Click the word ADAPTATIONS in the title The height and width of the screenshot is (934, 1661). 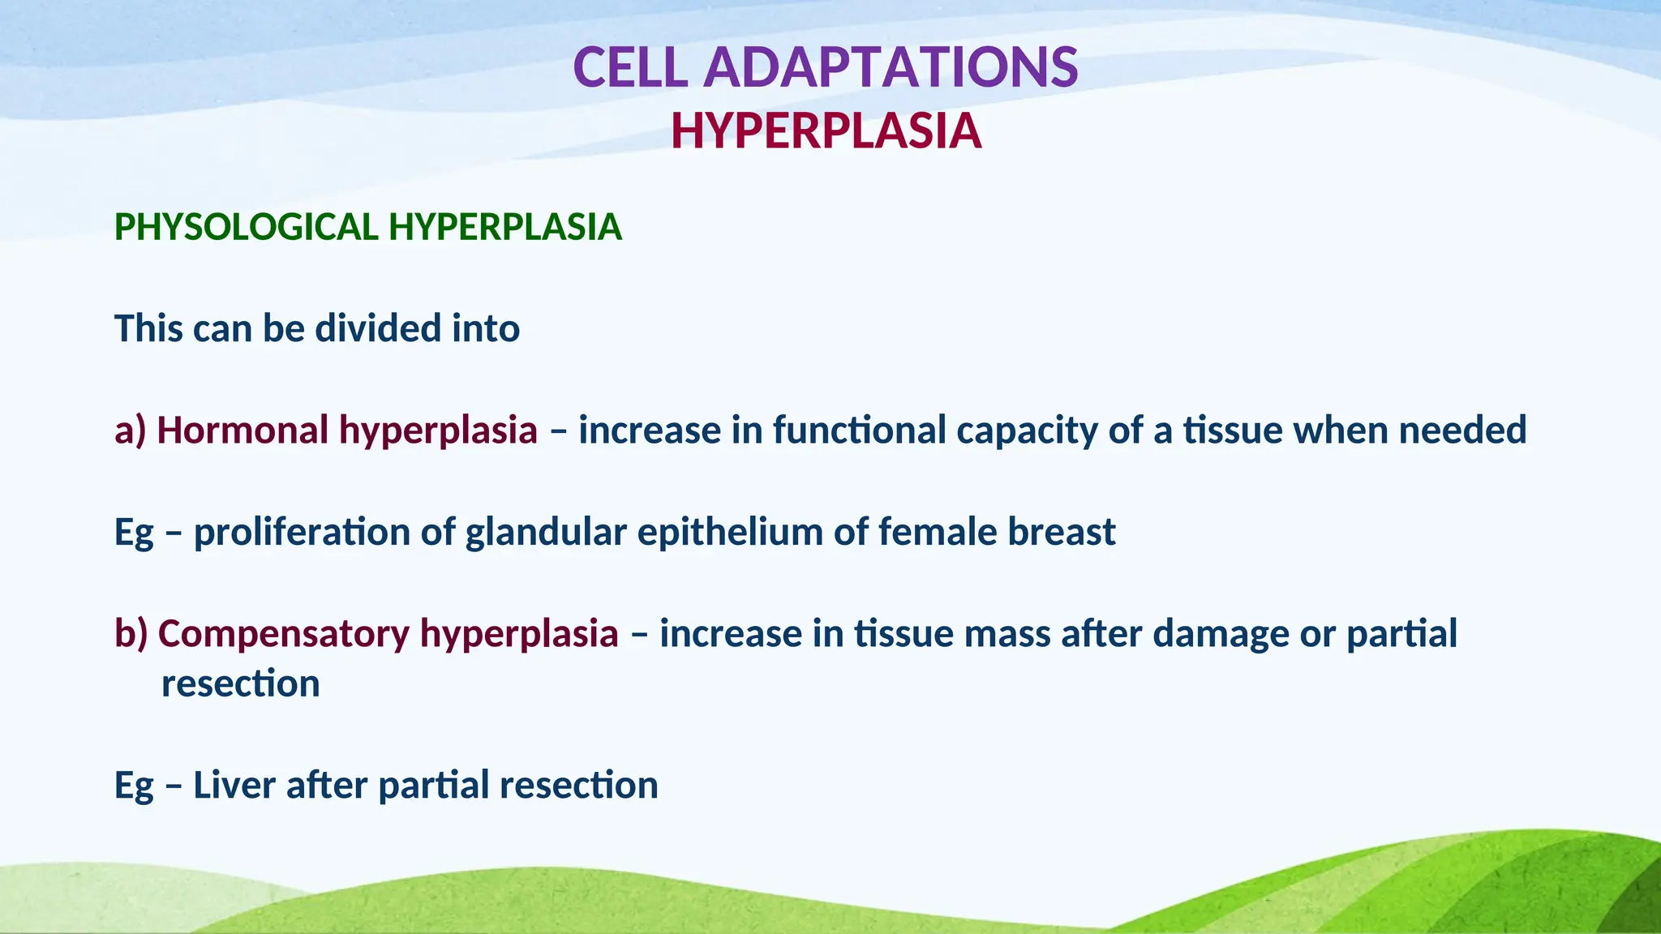coord(891,67)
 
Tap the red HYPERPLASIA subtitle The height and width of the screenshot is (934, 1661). coord(826,131)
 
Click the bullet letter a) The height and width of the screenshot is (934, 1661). coord(130,431)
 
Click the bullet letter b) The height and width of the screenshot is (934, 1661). coord(131,633)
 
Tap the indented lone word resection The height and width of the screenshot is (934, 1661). coord(240,683)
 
